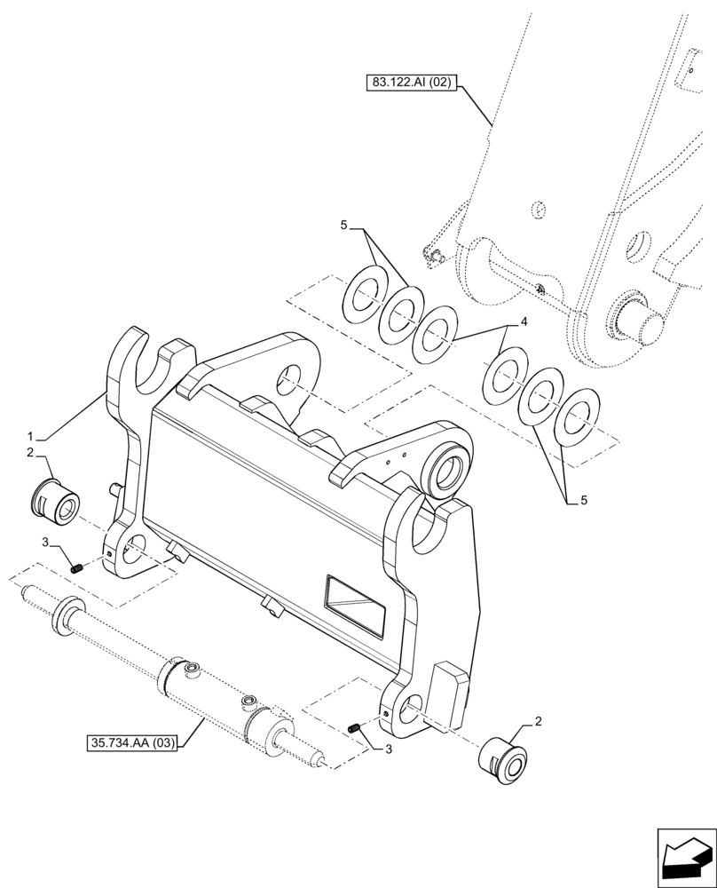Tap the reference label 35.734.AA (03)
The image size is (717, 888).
coord(133,741)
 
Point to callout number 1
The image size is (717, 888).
coord(31,436)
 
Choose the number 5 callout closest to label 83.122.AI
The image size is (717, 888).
coord(344,226)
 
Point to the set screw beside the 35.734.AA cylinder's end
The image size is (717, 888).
coord(355,729)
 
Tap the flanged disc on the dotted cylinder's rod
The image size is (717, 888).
coord(67,616)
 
